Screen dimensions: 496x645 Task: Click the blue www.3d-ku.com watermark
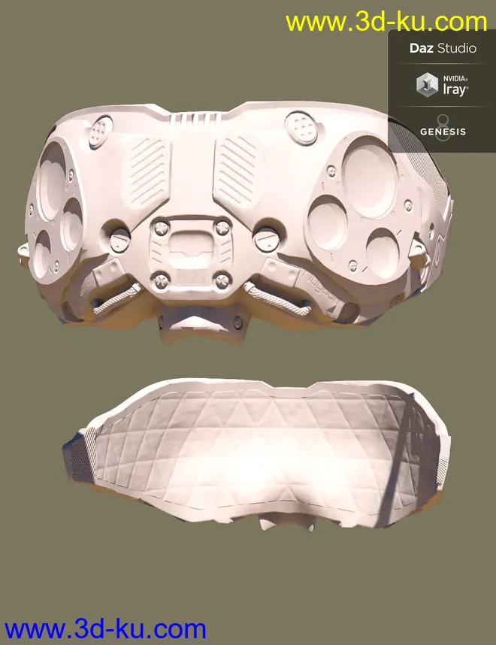(105, 629)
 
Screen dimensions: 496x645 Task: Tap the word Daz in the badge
(421, 48)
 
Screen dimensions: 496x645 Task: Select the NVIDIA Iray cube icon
(428, 84)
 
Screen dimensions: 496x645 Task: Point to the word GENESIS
(443, 132)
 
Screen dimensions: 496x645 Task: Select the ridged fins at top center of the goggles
(192, 120)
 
